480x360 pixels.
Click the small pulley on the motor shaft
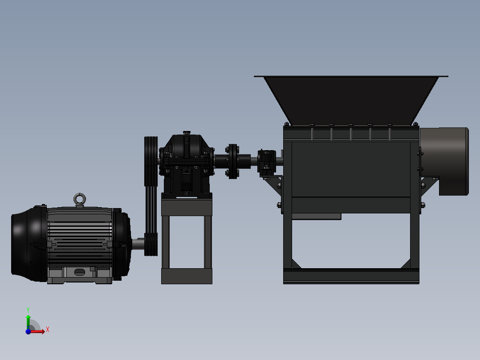(151, 244)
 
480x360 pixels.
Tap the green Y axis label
(28, 310)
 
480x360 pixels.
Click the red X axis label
(48, 330)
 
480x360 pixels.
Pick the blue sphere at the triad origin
(28, 331)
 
